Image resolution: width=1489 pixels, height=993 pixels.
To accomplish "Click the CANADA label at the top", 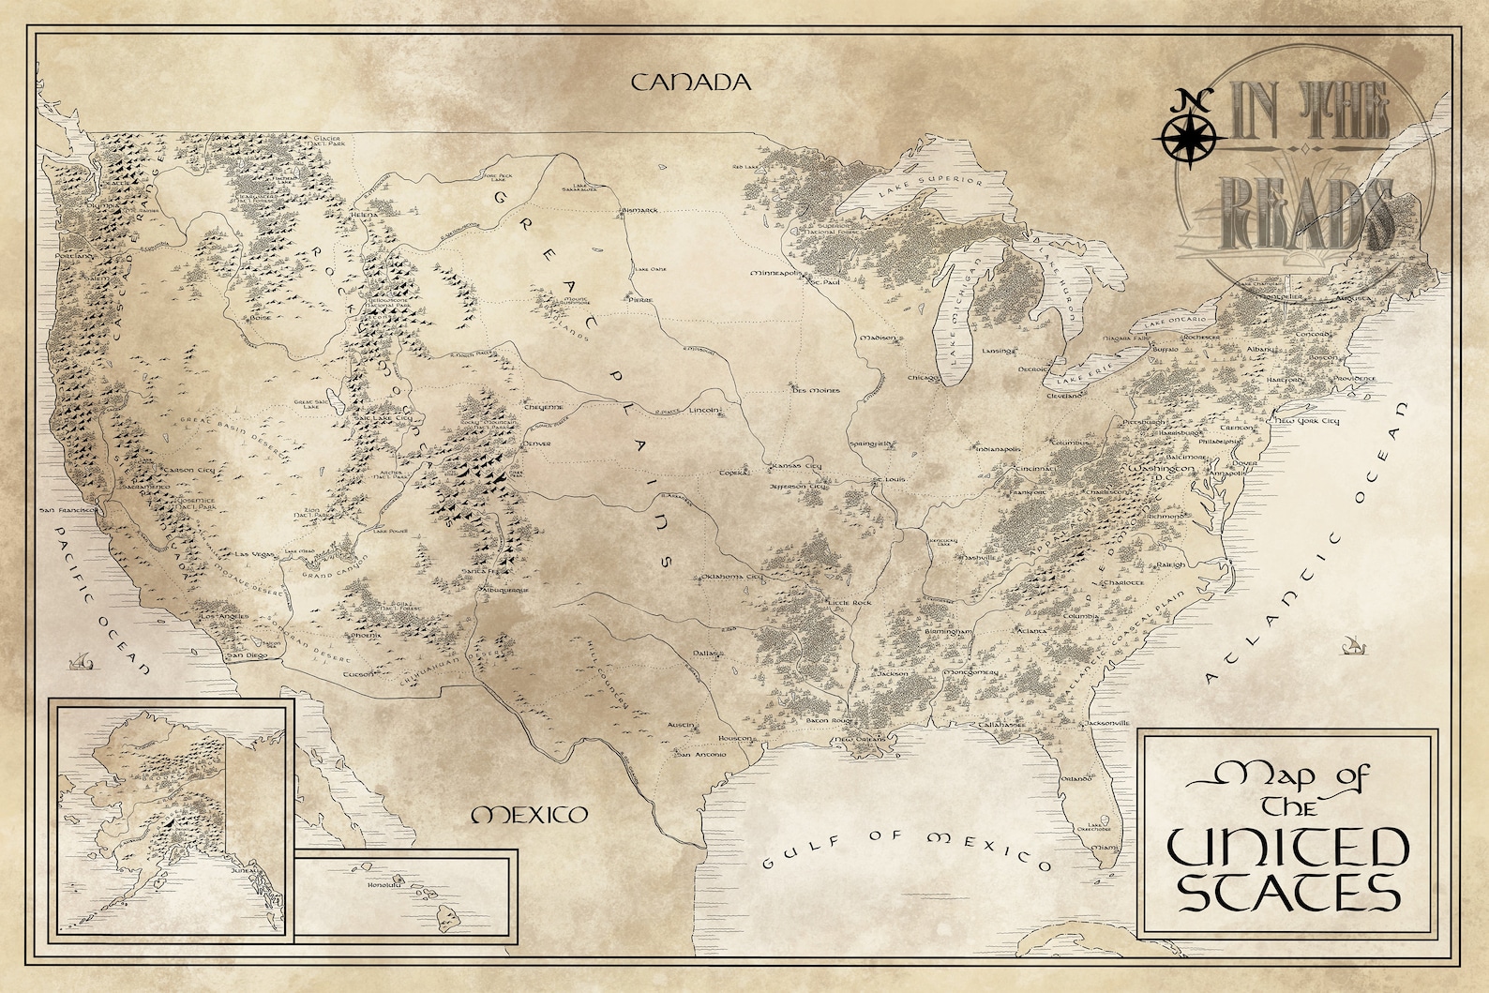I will (x=691, y=82).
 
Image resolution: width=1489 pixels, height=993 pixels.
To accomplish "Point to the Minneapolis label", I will (x=778, y=274).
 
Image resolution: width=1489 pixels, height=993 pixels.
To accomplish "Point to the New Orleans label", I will (x=860, y=741).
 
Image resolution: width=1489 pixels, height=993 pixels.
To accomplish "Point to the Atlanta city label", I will (x=1032, y=631).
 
